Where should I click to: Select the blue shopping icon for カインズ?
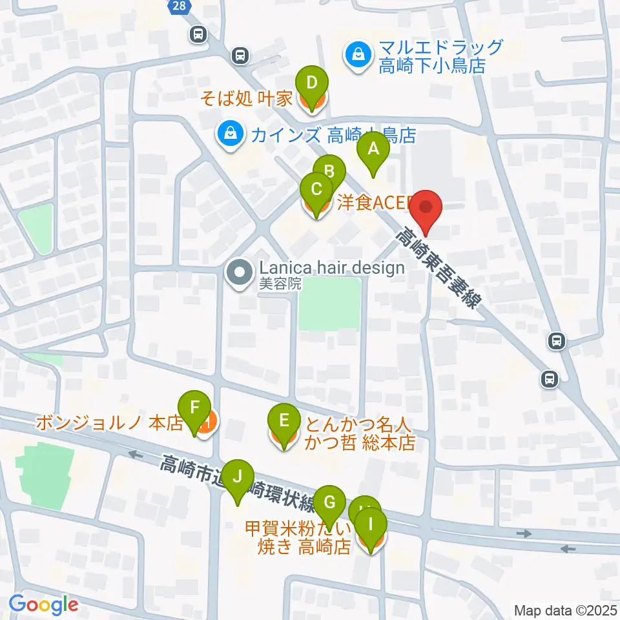(229, 135)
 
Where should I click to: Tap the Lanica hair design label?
(331, 267)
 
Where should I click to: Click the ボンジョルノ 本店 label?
(110, 423)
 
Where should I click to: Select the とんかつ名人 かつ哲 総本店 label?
(358, 434)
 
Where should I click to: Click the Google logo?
(43, 605)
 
